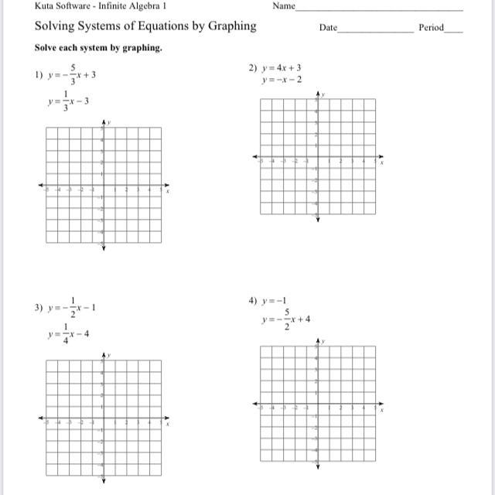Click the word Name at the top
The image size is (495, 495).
[x=285, y=6]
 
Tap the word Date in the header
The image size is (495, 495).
[x=328, y=28]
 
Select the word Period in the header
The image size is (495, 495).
[x=432, y=28]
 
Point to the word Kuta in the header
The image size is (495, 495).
[x=46, y=6]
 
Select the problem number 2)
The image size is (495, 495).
[x=252, y=68]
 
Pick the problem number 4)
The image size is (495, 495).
[x=252, y=300]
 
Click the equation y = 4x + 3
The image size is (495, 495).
[x=285, y=68]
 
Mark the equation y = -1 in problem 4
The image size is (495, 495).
[x=276, y=300]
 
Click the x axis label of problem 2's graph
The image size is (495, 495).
[x=382, y=163]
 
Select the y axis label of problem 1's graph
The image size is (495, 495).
[x=109, y=122]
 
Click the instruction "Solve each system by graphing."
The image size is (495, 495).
[x=98, y=48]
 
